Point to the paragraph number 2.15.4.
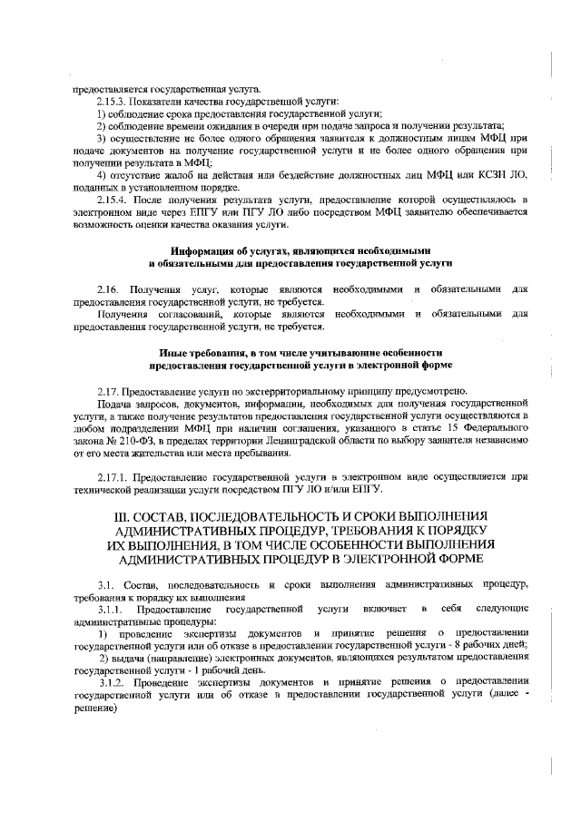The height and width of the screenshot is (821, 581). coord(113,198)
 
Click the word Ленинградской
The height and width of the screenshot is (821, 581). coord(325,440)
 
